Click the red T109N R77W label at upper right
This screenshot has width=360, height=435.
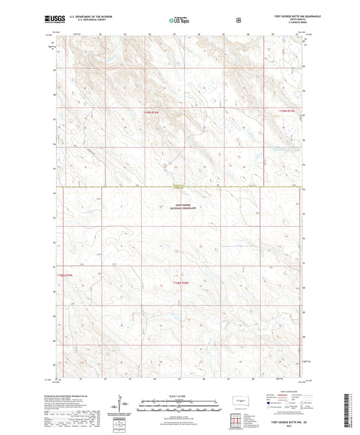pyautogui.click(x=288, y=111)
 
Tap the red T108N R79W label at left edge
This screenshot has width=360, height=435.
pyautogui.click(x=64, y=275)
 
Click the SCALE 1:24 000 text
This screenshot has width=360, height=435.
pyautogui.click(x=179, y=396)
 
